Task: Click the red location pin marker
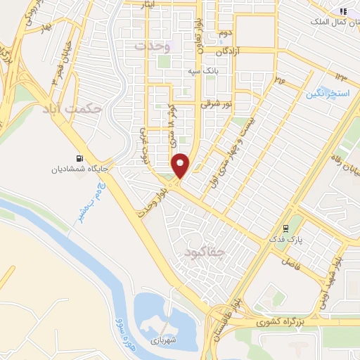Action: [181, 166]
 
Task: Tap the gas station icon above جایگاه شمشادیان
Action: [78, 157]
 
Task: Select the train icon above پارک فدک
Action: [285, 228]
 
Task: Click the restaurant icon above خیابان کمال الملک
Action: [342, 11]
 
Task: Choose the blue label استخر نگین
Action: [328, 93]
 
